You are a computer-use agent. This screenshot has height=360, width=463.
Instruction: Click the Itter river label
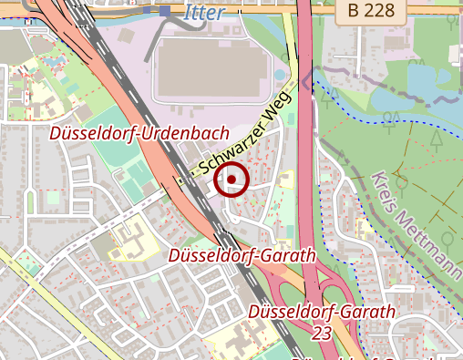(x=202, y=12)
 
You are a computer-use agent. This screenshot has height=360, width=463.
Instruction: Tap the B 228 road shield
(x=370, y=11)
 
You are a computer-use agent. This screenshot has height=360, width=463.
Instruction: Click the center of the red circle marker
(x=232, y=180)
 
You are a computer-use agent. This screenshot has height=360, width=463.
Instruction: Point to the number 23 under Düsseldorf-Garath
(x=322, y=334)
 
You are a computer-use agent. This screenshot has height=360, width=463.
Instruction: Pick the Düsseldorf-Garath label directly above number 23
(x=322, y=313)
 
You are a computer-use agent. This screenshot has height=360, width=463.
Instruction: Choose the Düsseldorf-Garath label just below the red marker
(x=242, y=255)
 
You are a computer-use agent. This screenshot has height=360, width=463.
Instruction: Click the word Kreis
(x=386, y=194)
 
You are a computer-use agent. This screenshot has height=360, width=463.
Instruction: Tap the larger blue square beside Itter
(x=164, y=11)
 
